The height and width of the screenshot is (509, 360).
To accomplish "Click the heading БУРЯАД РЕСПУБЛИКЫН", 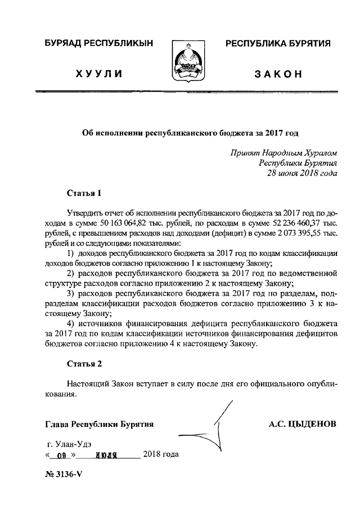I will coord(98,44).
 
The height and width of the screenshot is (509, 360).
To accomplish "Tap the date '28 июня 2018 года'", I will coord(302,173).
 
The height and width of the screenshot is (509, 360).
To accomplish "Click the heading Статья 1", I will coord(84,194).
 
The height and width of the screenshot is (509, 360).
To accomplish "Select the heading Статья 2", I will coord(84,363).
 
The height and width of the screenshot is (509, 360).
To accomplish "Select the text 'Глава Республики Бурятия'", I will coord(101,424).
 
